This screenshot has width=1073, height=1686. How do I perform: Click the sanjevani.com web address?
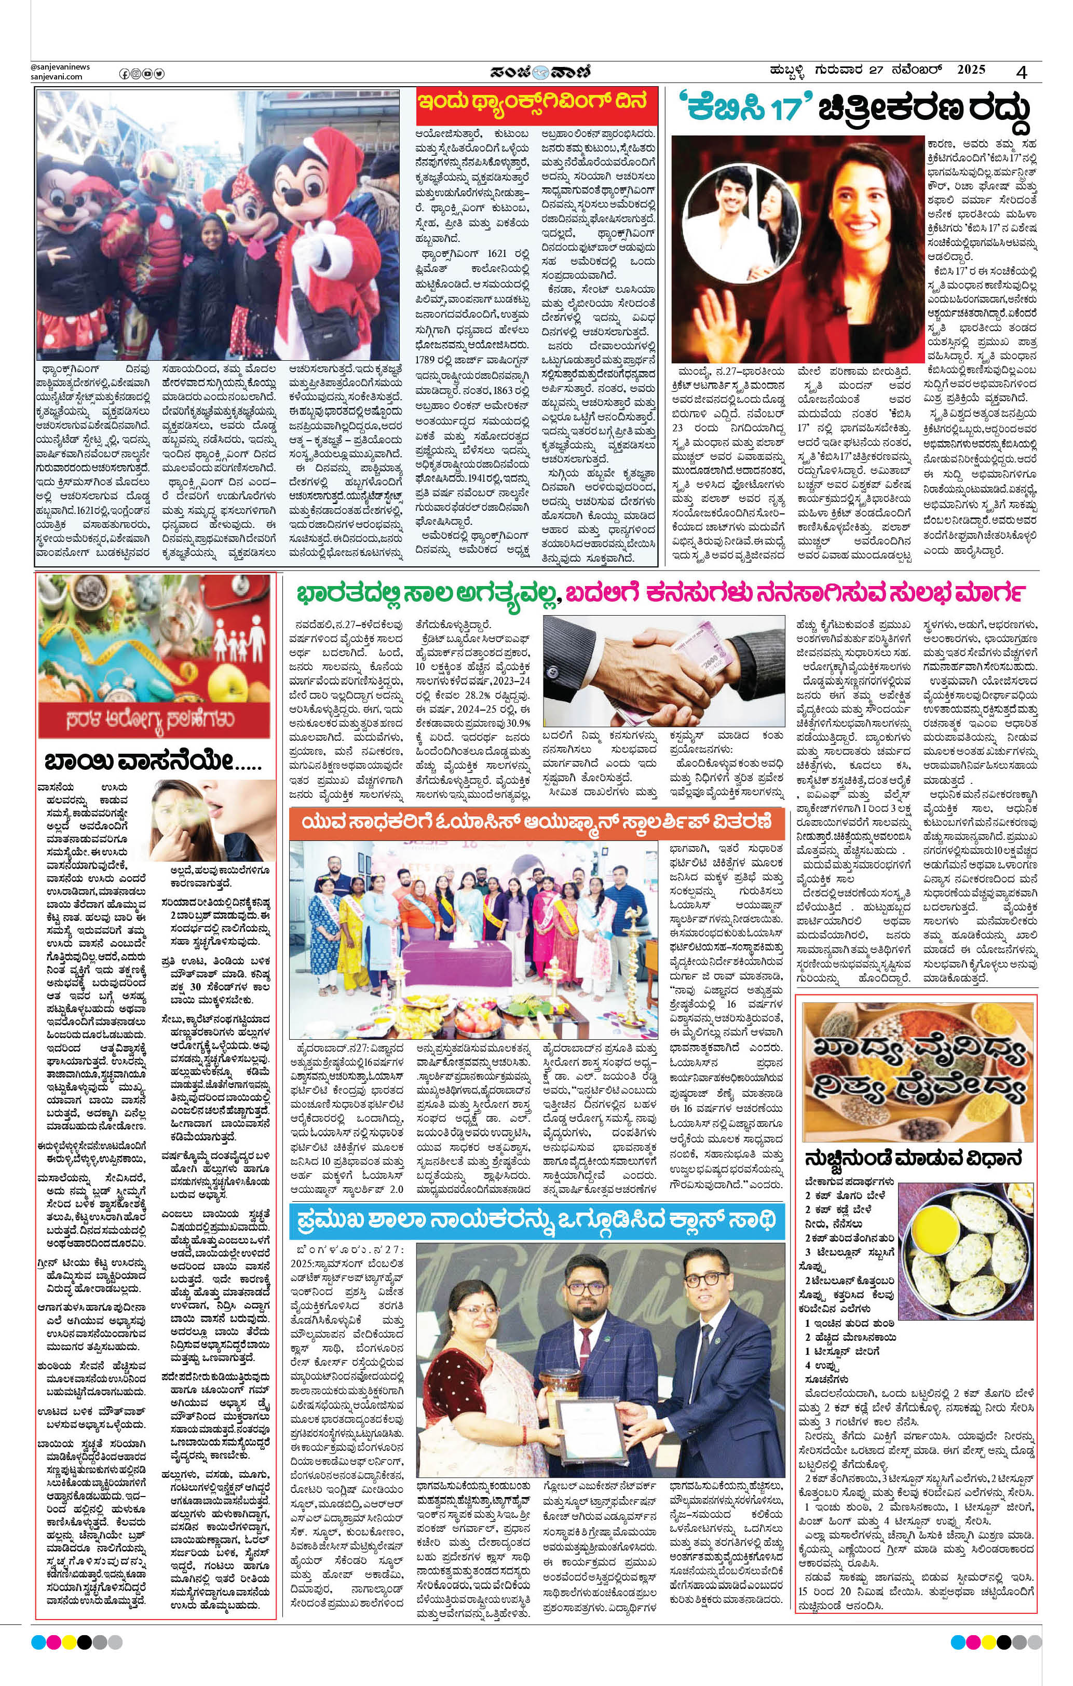[x=57, y=77]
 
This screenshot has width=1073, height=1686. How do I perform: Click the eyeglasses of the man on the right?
[x=702, y=1276]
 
